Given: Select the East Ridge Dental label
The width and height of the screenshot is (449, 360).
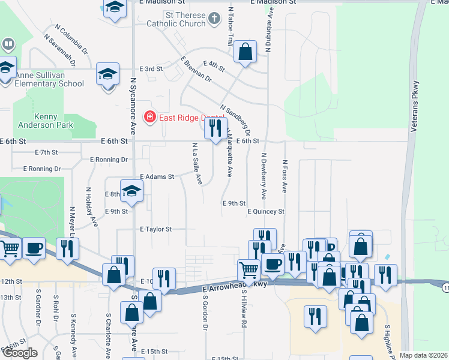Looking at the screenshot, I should coord(187,117).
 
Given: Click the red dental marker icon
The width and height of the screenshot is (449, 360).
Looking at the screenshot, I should coord(149,116).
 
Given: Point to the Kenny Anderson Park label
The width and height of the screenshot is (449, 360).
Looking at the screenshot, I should coord(54,121).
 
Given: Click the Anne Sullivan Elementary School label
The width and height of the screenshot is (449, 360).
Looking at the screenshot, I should coord(50,79).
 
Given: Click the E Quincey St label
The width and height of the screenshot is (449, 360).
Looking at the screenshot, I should coord(265,211).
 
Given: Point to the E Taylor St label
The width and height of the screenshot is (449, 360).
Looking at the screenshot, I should coord(155,229).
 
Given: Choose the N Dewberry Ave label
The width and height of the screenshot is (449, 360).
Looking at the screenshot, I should coord(263,176).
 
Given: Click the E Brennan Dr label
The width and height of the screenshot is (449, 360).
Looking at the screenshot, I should coord(196,69).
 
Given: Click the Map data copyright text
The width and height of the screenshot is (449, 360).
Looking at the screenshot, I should coord(423,355).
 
